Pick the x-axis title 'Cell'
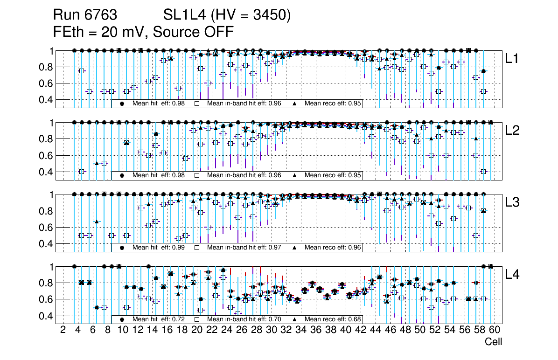click(493, 342)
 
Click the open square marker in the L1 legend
click(197, 104)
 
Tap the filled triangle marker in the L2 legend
click(295, 175)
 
